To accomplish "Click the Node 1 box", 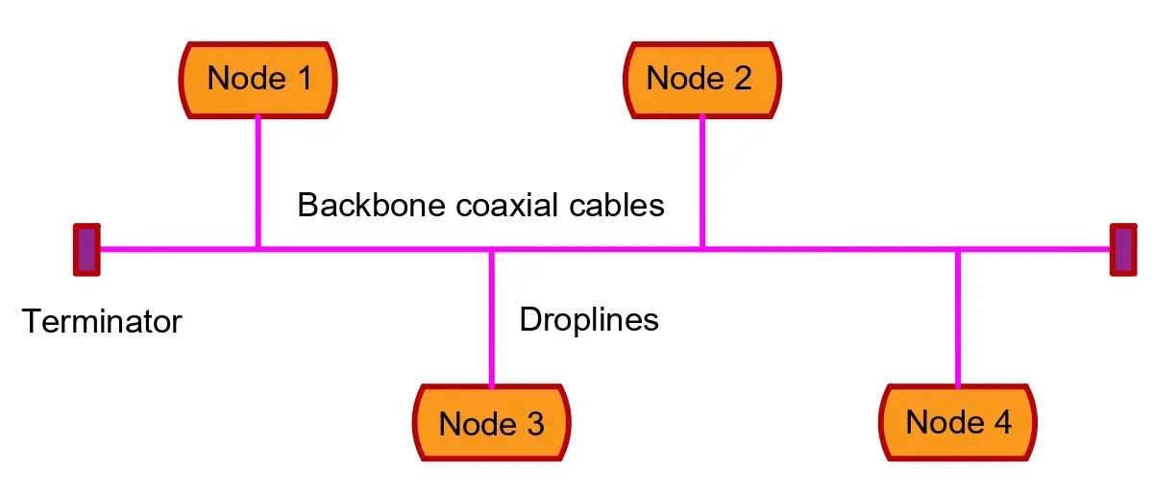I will click(x=258, y=79).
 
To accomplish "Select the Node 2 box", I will click(x=701, y=79).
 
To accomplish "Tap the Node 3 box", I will click(x=491, y=423).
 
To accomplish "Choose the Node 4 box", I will click(x=958, y=423).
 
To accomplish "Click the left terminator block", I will click(x=86, y=249).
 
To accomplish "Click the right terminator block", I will click(x=1123, y=249).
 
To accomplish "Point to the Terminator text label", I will click(x=101, y=321).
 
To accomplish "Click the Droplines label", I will click(x=589, y=319).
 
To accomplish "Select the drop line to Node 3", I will click(x=491, y=317).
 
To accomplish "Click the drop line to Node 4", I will click(x=958, y=317).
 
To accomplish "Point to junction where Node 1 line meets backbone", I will click(x=258, y=249).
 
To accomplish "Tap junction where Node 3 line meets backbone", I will click(x=491, y=249).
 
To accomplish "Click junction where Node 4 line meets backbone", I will click(x=958, y=249).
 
